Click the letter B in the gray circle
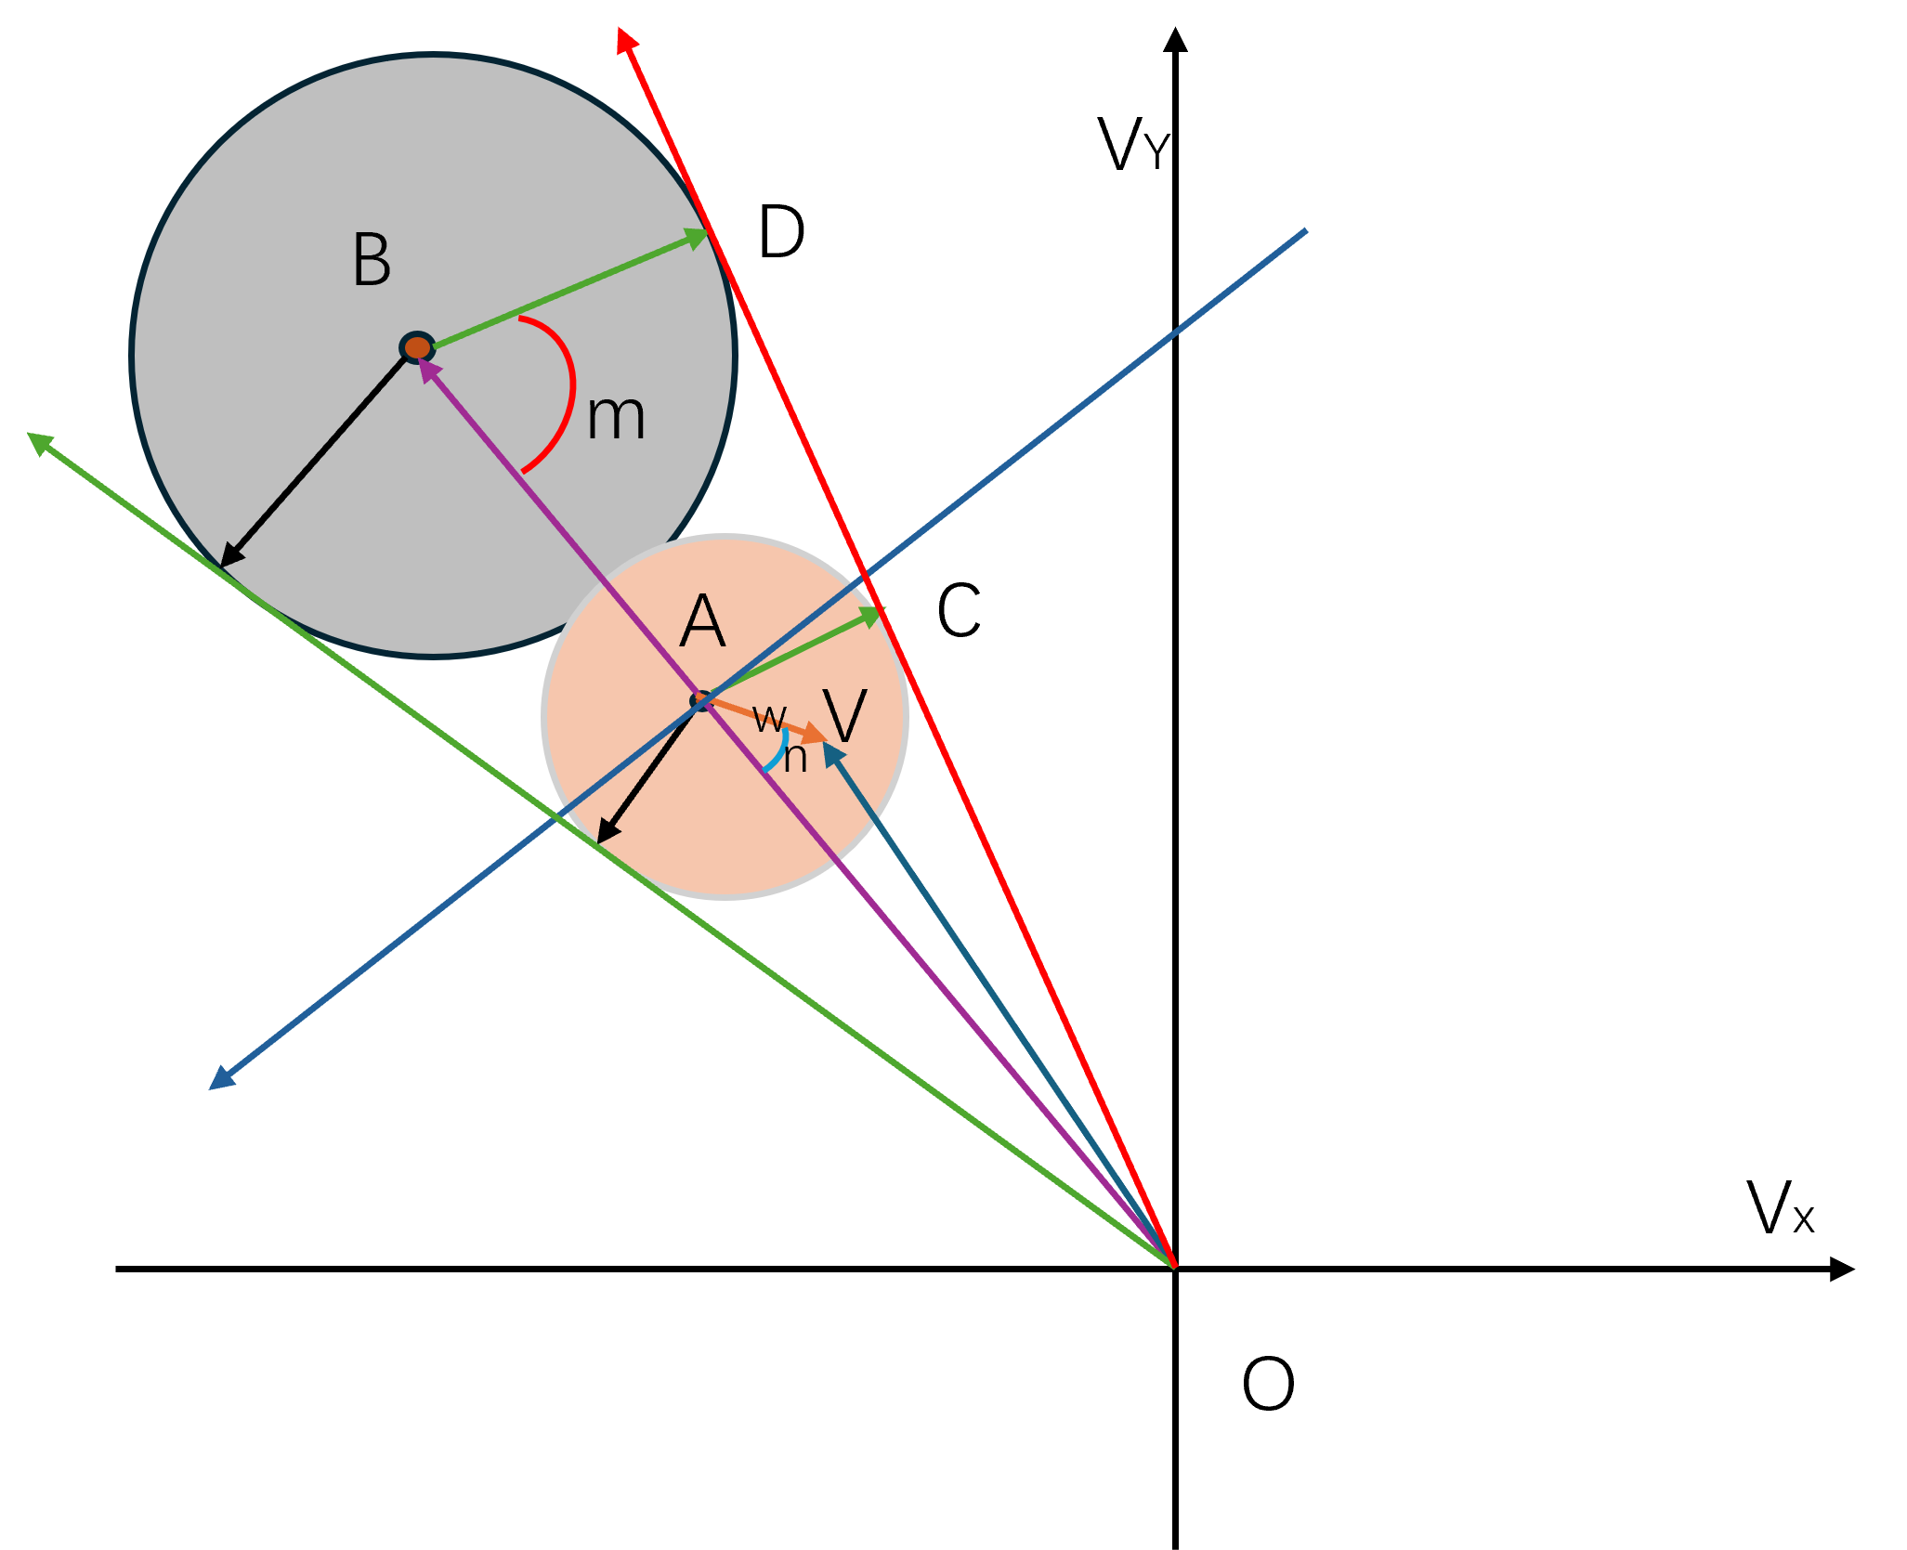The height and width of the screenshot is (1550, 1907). (x=372, y=260)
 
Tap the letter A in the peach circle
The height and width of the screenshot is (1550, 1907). (x=702, y=621)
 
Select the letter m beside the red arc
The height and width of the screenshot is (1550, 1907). (x=616, y=417)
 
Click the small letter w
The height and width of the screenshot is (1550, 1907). (x=769, y=717)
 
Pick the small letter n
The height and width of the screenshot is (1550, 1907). (x=795, y=758)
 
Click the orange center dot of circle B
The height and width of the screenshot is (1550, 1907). (x=417, y=347)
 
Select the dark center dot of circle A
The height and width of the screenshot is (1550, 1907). (x=701, y=699)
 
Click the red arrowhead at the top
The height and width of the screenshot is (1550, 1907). (x=627, y=40)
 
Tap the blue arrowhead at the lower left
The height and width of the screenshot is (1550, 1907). (x=221, y=1079)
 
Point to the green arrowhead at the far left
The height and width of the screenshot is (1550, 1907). (x=40, y=442)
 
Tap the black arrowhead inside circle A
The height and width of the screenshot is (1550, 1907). (x=607, y=832)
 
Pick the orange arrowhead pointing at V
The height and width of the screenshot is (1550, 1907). (x=815, y=734)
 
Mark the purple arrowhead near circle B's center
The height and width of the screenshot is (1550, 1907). (x=428, y=369)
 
